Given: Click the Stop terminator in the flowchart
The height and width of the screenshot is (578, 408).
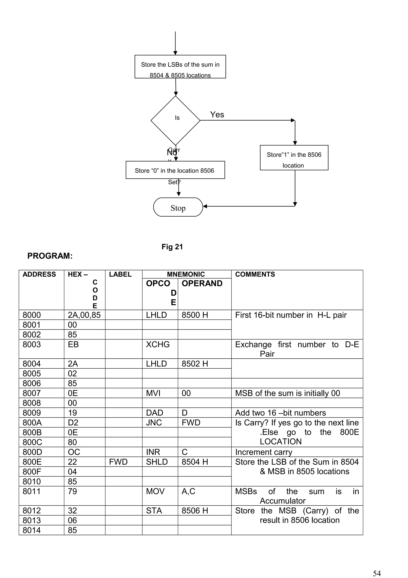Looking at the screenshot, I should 178,207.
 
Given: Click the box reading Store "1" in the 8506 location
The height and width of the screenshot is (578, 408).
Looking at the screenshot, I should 294,158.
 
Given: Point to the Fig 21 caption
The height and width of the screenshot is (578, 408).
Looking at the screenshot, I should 172,247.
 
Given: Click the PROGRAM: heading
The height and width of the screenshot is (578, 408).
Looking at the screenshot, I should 50,256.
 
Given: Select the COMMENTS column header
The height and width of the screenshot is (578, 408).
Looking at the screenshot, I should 255,274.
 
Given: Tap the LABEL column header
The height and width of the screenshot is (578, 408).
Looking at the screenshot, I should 120,274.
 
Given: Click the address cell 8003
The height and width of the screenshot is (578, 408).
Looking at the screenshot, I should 32,344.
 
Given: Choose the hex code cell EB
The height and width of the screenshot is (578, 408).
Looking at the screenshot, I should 73,344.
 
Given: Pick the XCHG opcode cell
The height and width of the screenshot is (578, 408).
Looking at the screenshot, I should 158,344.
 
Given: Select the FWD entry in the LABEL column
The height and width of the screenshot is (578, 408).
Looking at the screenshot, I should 118,462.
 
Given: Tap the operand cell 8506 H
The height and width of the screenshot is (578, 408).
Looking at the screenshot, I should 195,511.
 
